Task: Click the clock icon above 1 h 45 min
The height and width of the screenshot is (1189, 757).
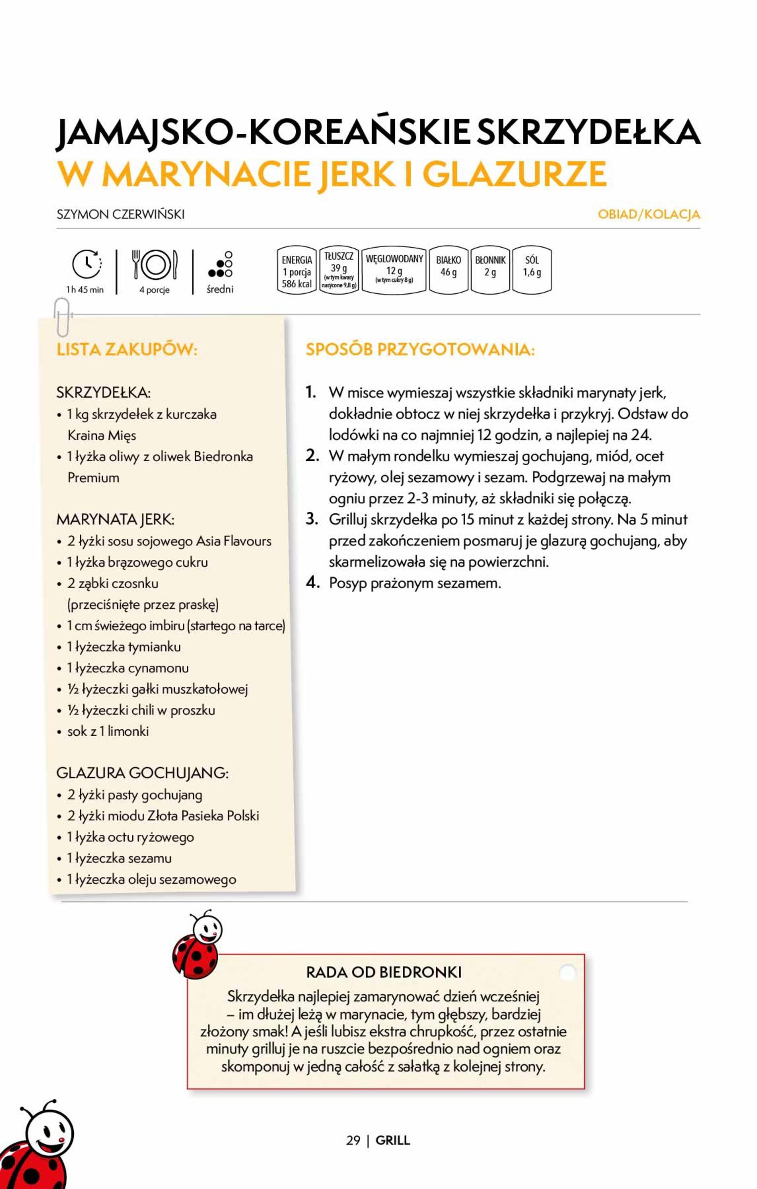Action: click(x=87, y=264)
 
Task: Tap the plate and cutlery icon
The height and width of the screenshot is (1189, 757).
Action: click(x=154, y=265)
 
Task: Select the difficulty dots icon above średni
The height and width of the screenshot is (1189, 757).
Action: click(x=220, y=264)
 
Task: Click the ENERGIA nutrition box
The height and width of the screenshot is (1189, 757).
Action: click(x=296, y=270)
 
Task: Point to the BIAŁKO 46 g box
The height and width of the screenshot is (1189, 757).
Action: click(x=448, y=270)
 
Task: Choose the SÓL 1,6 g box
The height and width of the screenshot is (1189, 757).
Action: click(x=532, y=270)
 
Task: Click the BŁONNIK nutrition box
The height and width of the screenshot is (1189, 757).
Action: click(x=490, y=270)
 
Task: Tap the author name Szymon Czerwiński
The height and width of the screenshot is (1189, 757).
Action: click(x=120, y=215)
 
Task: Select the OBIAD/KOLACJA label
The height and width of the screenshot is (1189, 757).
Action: click(x=649, y=215)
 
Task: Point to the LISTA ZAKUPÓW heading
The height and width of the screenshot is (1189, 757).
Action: click(x=127, y=350)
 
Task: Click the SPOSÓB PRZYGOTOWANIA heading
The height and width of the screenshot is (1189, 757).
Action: click(x=420, y=350)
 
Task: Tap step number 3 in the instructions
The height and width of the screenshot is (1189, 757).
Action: click(x=312, y=519)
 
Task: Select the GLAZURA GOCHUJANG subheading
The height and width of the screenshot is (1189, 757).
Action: click(x=142, y=773)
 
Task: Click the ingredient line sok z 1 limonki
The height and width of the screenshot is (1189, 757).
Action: click(x=108, y=731)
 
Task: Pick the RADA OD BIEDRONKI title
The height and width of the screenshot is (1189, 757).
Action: click(x=384, y=973)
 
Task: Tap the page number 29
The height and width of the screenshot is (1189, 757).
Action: click(x=353, y=1140)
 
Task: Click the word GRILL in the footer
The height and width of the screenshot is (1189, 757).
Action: click(x=392, y=1140)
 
